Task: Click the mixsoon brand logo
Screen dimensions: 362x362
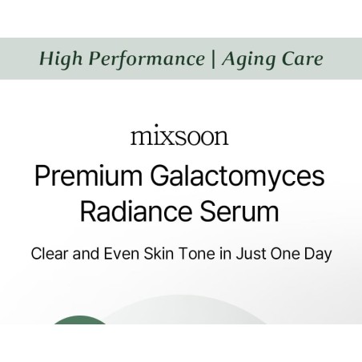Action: tap(179, 136)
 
